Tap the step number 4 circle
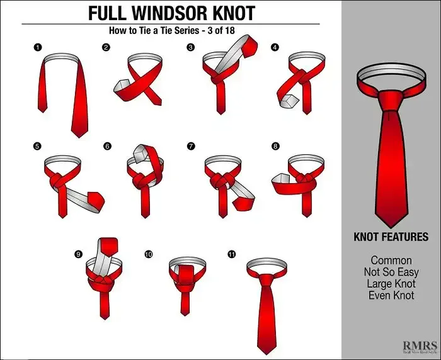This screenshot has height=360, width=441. [x=275, y=48]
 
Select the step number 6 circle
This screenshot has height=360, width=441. [x=107, y=146]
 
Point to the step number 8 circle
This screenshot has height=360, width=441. [x=275, y=146]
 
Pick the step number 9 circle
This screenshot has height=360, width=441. [x=78, y=254]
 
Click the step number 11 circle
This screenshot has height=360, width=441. [x=232, y=254]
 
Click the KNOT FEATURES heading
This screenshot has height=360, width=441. [x=391, y=237]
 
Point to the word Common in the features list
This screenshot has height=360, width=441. [x=391, y=261]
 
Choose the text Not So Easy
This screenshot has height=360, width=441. [x=391, y=272]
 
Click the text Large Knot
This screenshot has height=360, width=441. [x=391, y=283]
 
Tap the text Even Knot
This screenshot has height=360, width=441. [x=391, y=295]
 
